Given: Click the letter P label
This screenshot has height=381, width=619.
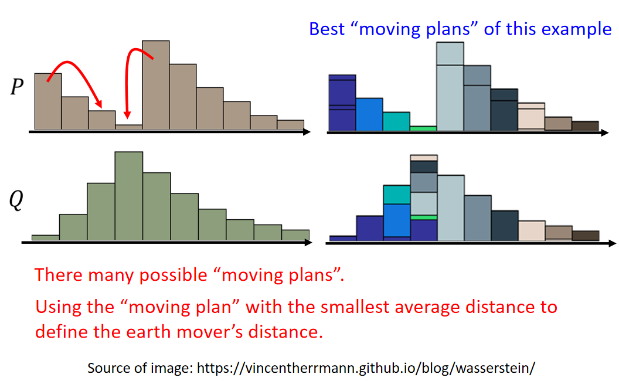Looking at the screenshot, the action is coord(17,87).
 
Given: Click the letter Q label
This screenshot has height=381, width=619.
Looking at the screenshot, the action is coord(16,200).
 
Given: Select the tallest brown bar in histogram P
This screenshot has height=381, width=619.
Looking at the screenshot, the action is coord(156,85).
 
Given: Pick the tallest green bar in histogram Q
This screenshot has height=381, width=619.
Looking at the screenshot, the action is coord(129,196).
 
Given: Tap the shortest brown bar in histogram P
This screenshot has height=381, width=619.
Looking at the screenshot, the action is coord(129,127).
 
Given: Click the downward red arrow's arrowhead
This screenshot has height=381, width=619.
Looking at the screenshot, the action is coord(127,114).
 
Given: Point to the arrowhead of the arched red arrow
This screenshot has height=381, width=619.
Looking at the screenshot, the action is coord(98,104).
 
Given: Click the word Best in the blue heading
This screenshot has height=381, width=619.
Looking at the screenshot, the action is coord(326,29).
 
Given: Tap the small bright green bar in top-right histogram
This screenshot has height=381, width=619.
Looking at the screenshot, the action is coord(423,128).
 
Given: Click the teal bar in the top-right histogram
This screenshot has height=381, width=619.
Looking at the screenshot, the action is coord(396,121).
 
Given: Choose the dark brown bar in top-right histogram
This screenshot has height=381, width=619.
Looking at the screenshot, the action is coord(586,126).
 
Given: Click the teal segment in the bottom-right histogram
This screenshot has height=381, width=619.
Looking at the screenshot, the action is coord(397,195).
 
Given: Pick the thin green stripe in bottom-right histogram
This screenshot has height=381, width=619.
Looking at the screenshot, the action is coord(424,217).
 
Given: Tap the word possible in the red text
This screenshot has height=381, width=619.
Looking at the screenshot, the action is coord(174,275).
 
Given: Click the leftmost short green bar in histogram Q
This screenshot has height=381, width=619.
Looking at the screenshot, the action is coord(46,237).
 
